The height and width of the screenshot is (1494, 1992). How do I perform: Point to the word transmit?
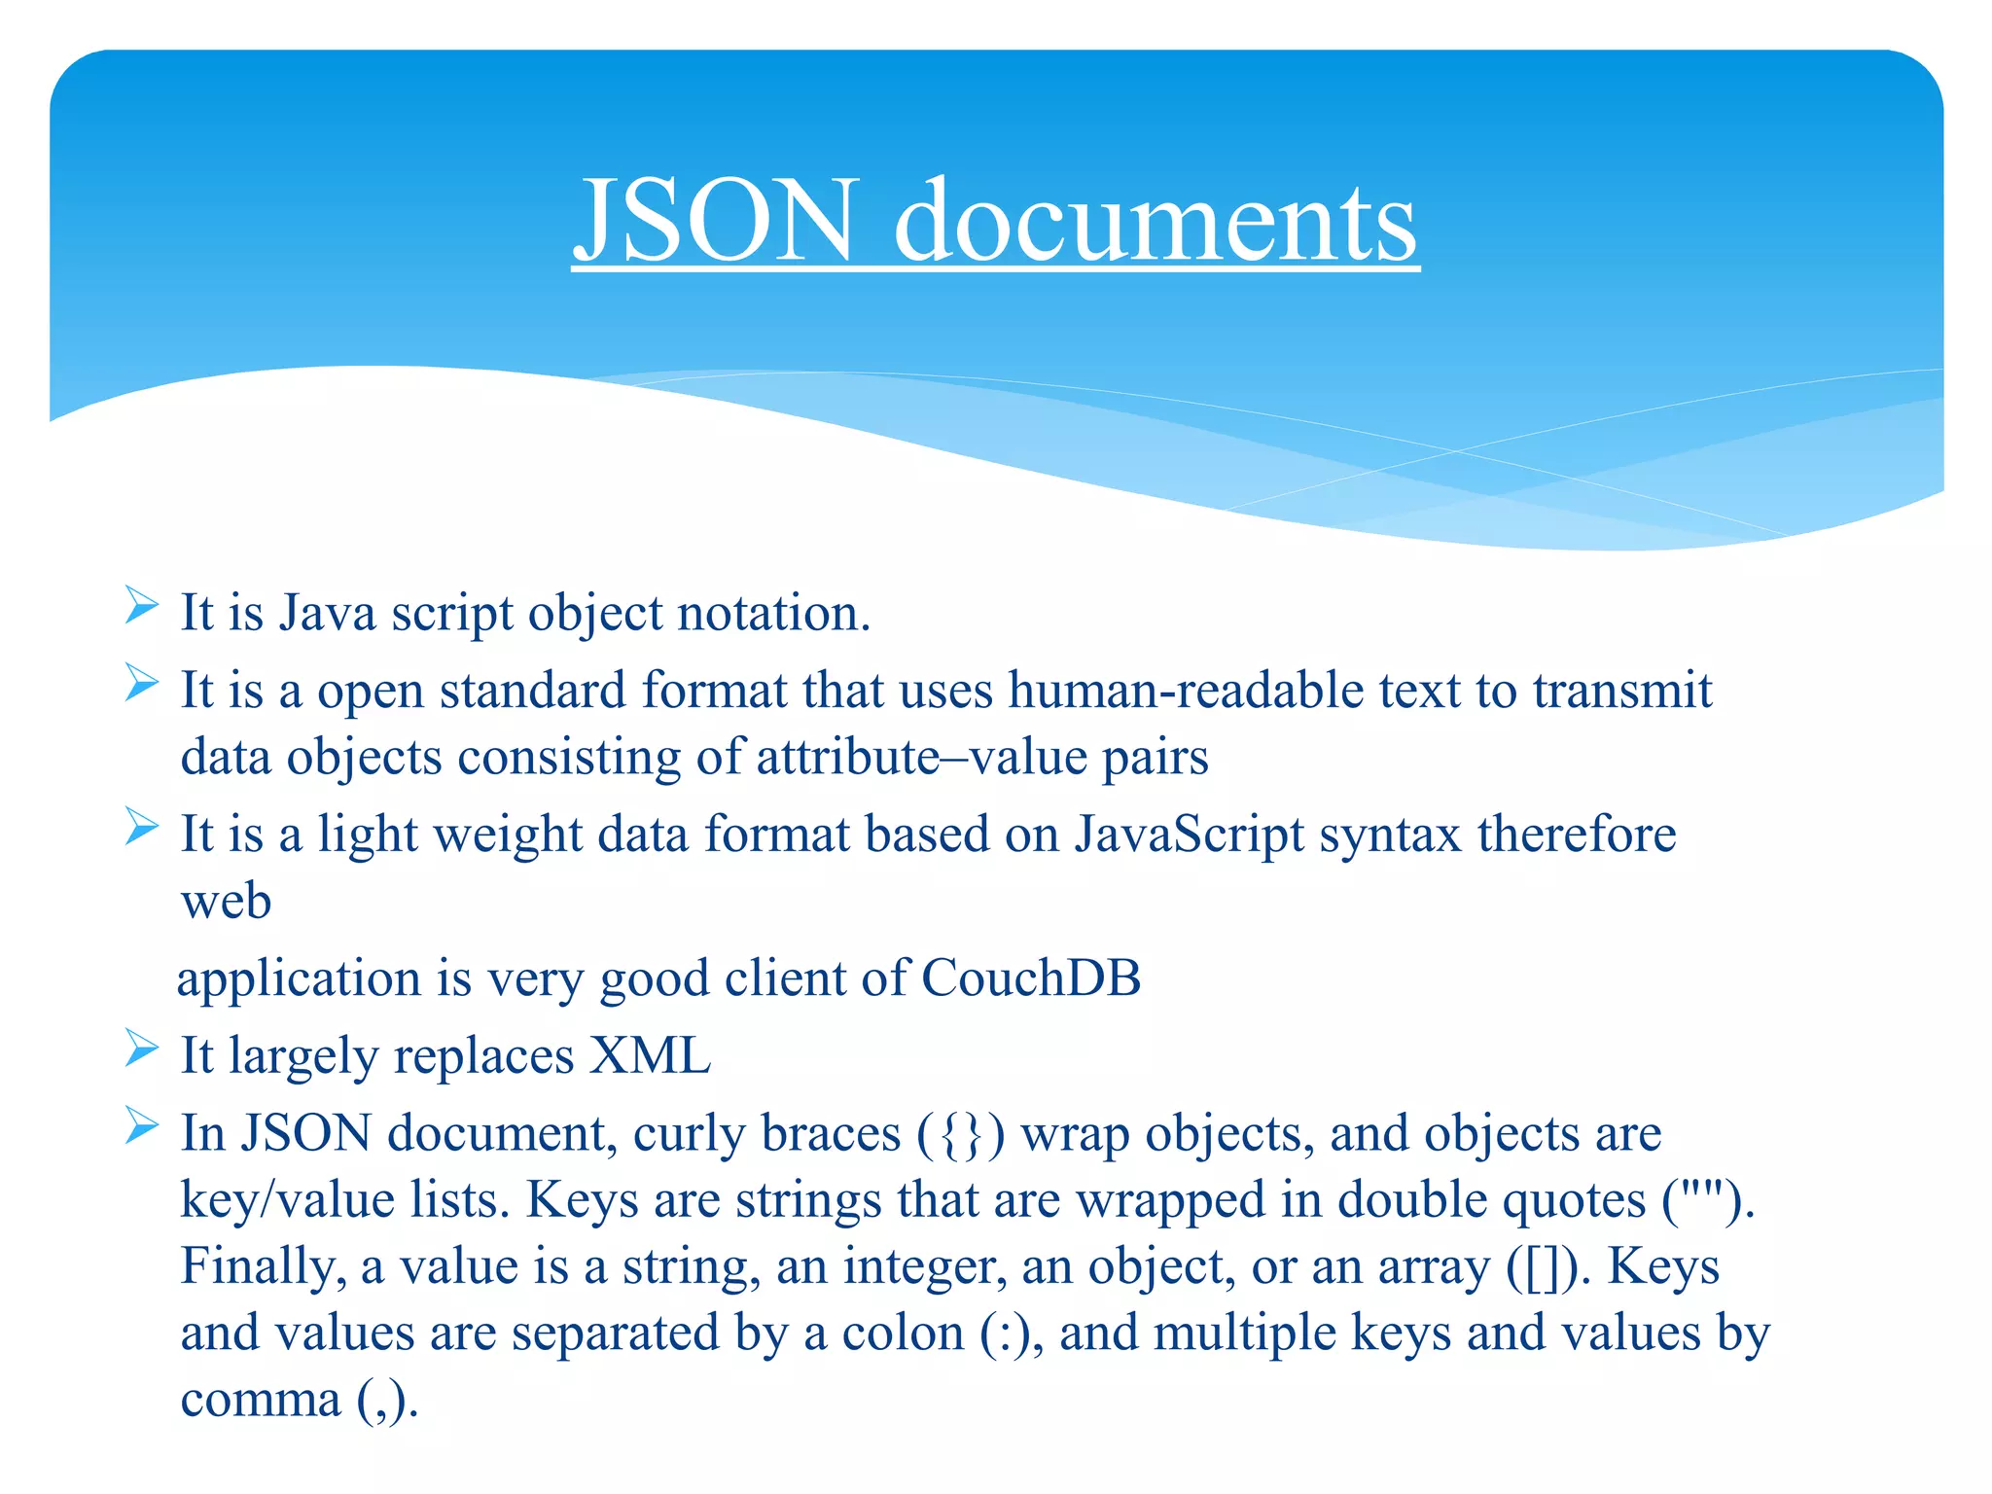(x=1622, y=691)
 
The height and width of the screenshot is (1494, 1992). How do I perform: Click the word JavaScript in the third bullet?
(x=1189, y=835)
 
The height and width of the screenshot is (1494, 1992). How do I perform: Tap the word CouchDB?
(x=1031, y=978)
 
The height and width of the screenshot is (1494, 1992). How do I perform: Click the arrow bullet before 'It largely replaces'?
(x=142, y=1049)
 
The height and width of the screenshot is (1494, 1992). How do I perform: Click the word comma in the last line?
(x=260, y=1402)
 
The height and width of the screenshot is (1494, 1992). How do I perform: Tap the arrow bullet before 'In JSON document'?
(x=142, y=1127)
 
